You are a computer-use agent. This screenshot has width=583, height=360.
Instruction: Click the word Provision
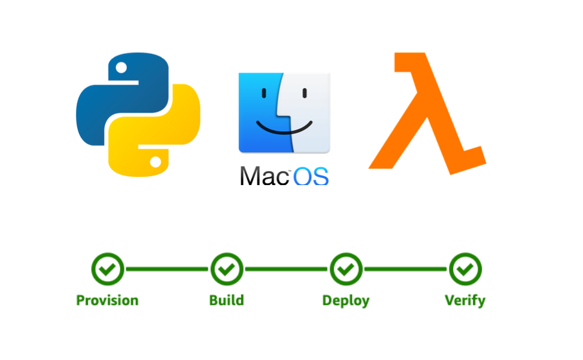tap(107, 300)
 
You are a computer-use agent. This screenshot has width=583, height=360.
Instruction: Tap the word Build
tap(226, 300)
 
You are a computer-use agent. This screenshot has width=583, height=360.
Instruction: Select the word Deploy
tap(345, 300)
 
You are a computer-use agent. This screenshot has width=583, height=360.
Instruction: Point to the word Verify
tap(465, 300)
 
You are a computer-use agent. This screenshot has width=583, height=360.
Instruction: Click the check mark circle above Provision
tap(107, 269)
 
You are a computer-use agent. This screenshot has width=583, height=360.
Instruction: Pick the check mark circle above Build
tap(226, 269)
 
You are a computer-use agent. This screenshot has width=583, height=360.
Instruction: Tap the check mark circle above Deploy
tap(345, 269)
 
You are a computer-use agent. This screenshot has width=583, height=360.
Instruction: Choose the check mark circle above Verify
tap(465, 269)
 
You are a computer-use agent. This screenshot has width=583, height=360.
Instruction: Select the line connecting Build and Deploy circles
tap(286, 269)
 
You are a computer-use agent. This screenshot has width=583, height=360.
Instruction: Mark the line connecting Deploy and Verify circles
tap(405, 269)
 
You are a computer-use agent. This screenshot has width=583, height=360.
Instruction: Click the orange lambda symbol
tap(429, 114)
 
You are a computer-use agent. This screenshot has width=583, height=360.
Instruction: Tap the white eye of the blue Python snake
tap(121, 68)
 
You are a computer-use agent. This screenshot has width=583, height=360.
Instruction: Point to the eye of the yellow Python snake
tap(155, 162)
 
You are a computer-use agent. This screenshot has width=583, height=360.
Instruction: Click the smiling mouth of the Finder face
tap(284, 129)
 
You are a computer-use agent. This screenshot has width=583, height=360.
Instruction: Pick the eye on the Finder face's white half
tap(305, 93)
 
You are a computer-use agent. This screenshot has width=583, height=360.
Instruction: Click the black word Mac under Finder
tap(264, 174)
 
